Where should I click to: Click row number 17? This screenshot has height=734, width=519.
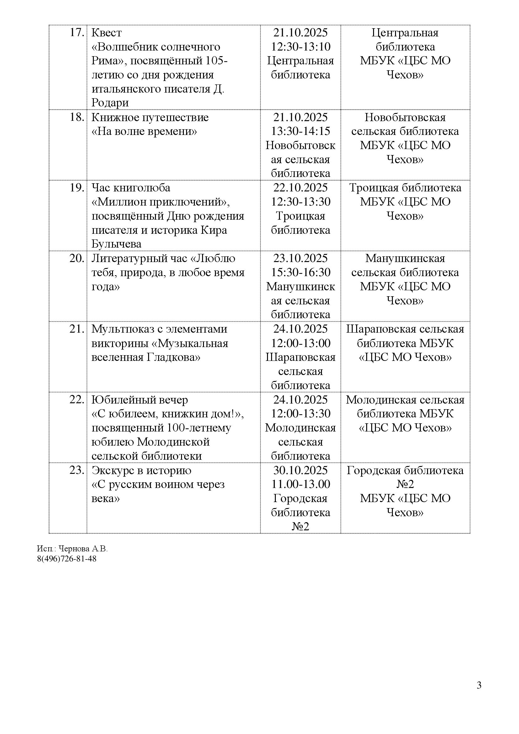tap(77, 33)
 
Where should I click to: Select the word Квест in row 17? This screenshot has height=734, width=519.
tap(107, 33)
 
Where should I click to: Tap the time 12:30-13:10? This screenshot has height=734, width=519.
tap(300, 47)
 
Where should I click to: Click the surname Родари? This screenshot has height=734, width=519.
tap(110, 103)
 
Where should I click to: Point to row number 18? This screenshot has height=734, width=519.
tap(77, 118)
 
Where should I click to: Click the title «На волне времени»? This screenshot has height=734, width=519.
tap(144, 131)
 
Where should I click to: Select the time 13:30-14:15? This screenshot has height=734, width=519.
tap(300, 131)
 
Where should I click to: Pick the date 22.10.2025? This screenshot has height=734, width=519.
tap(300, 188)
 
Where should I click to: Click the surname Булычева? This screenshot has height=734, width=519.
tap(116, 244)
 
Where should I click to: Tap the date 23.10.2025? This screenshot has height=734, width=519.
tap(300, 259)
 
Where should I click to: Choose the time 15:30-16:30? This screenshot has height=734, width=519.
tap(300, 272)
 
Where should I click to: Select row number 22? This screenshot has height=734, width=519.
tap(77, 400)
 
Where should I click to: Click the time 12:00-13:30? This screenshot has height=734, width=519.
tap(300, 414)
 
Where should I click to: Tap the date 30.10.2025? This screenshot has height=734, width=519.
tap(300, 471)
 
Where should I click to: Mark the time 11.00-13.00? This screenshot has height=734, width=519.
tap(300, 485)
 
